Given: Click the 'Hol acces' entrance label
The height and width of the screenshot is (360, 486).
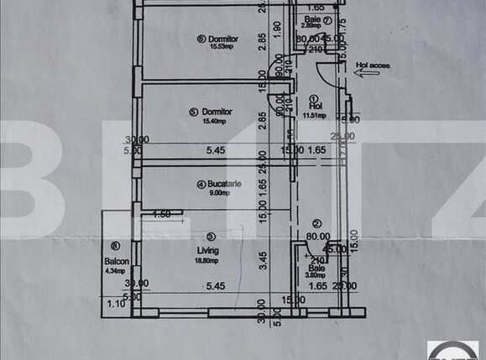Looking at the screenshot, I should (x=372, y=62).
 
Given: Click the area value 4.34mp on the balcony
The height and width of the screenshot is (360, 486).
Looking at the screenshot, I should (x=115, y=270).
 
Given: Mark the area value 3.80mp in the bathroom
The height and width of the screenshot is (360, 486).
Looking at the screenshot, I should (x=314, y=275).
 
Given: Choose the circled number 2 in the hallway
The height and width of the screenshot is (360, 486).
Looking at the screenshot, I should (x=316, y=223).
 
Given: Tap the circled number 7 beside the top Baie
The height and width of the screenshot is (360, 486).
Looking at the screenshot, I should (x=327, y=20).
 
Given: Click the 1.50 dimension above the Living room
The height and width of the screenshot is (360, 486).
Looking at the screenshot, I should (x=162, y=215).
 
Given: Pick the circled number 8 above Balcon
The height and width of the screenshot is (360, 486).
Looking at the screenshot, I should (x=114, y=247).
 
